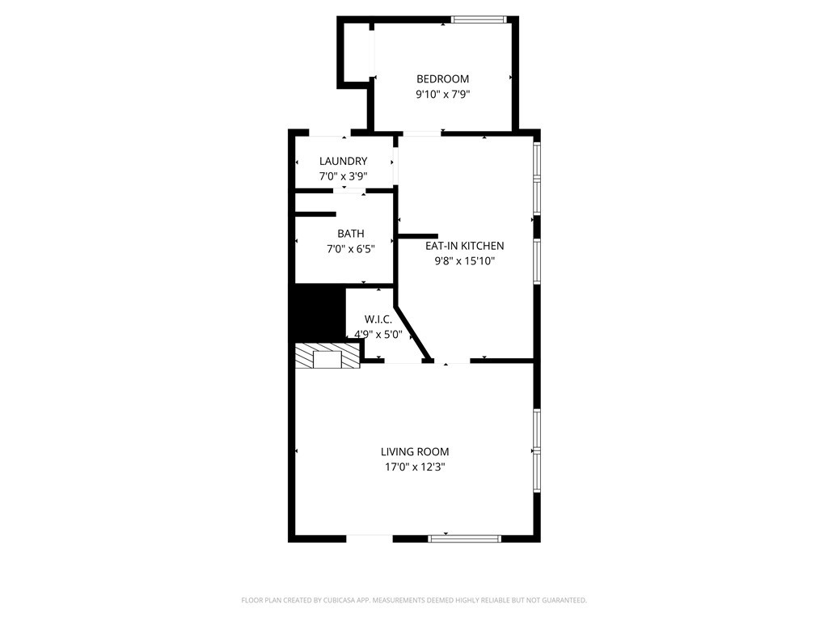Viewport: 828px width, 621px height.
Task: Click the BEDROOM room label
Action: point(442,79)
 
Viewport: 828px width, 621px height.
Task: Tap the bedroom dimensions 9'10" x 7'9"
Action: point(442,95)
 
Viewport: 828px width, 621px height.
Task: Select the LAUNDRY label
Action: point(343,161)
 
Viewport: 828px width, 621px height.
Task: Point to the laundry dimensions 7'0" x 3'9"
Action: point(343,176)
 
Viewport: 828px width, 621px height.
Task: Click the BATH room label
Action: point(351,234)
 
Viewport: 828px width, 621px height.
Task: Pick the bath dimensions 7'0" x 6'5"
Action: point(351,249)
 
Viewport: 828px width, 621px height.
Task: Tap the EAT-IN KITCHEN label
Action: point(465,246)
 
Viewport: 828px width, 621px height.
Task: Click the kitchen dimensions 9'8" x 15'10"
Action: point(465,261)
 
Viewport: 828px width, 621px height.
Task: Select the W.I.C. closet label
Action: point(378,319)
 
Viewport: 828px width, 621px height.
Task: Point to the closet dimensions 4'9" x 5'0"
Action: point(378,334)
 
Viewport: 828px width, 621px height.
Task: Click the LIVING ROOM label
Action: point(415,451)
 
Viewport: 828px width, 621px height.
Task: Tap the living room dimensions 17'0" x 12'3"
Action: point(415,467)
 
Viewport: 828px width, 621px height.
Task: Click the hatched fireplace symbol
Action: point(327,356)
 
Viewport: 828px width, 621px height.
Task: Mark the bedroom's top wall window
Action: point(479,19)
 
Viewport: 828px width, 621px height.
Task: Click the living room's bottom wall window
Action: point(465,539)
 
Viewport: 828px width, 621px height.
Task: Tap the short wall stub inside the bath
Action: point(315,213)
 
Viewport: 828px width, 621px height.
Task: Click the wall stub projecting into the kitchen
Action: point(418,237)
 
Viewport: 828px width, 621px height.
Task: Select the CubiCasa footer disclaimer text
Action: point(414,601)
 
